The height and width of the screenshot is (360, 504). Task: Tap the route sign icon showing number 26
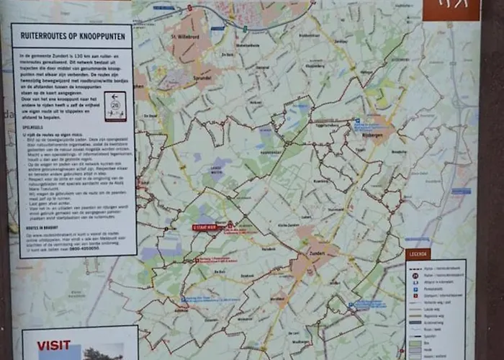coord(114,105)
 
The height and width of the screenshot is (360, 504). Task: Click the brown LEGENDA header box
coord(418,253)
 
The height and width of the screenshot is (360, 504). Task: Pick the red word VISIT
coord(54,345)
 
